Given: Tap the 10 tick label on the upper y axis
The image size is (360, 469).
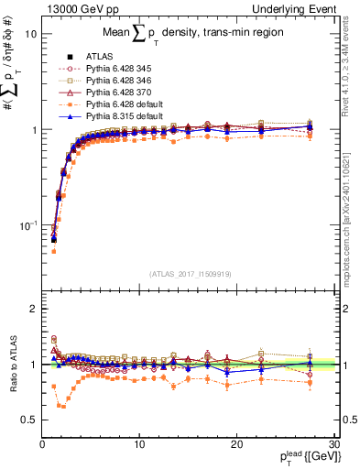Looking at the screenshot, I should point(29,34).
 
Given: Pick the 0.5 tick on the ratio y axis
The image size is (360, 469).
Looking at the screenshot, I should point(27,420).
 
